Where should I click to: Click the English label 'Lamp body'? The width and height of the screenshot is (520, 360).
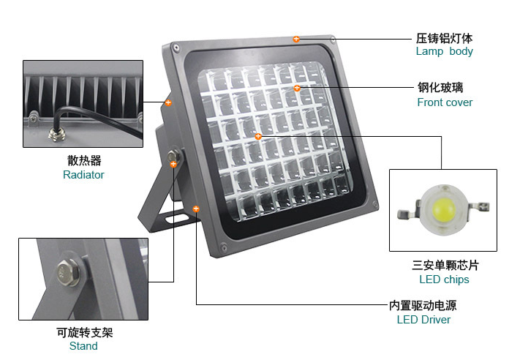[x=445, y=51]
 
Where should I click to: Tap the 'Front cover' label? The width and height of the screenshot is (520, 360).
[x=445, y=102]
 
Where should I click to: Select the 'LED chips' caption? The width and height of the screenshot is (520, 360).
[x=444, y=280]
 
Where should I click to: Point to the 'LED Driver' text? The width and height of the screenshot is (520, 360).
[x=423, y=320]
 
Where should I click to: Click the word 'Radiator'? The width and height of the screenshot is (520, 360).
[x=83, y=175]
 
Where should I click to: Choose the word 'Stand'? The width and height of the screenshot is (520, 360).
[x=83, y=346]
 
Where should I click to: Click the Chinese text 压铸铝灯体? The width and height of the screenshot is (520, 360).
[x=445, y=38]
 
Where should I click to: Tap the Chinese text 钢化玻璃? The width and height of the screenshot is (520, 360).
[x=440, y=88]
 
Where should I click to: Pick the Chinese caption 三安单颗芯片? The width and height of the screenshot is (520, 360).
[x=445, y=265]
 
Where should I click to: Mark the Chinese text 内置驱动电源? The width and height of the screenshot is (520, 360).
[x=423, y=305]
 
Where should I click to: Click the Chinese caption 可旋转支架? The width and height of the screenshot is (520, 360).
[x=85, y=332]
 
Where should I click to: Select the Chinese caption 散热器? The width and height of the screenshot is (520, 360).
[x=84, y=160]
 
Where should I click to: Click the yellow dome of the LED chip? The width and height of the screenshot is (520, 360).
[x=444, y=211]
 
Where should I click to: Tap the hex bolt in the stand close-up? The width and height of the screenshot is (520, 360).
[x=68, y=272]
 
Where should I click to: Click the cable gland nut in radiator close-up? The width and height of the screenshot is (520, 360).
[x=55, y=135]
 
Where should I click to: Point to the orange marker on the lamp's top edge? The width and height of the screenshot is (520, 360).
[x=296, y=39]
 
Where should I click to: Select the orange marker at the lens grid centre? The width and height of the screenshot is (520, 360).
[x=258, y=136]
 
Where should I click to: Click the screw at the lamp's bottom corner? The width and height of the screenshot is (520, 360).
[x=224, y=247]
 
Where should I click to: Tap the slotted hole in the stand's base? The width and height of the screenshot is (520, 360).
[x=177, y=217]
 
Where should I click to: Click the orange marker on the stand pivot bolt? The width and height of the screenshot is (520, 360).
[x=173, y=164]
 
